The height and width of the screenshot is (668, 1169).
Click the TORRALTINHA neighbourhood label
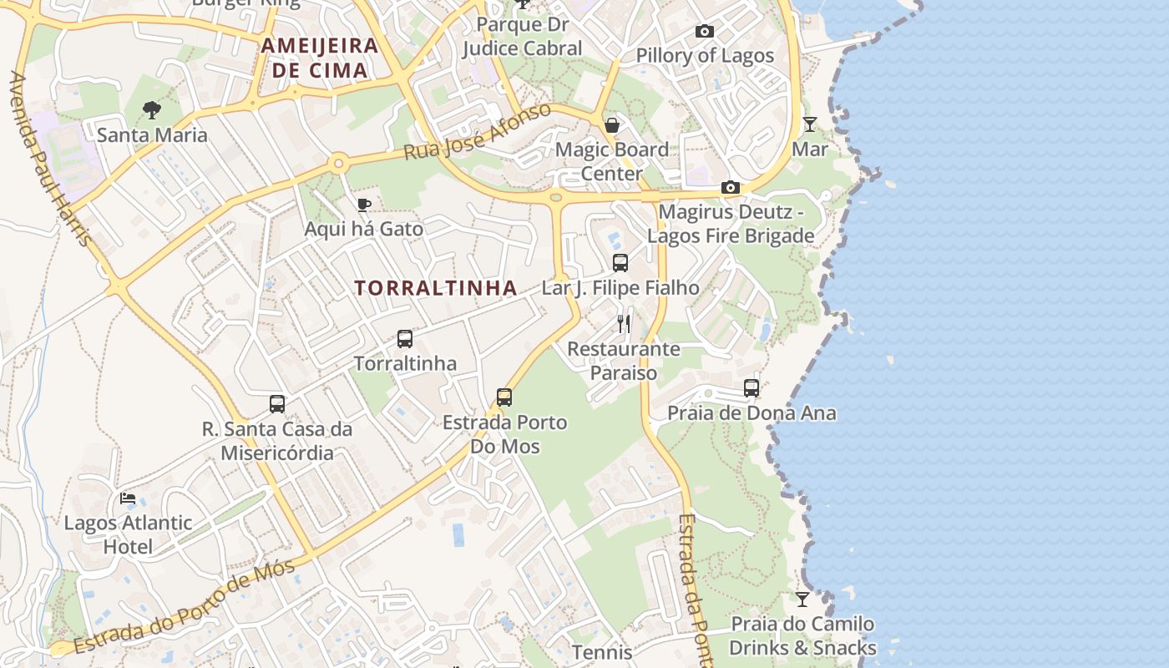[x=435, y=288]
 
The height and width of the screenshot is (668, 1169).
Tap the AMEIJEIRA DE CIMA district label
[x=320, y=58]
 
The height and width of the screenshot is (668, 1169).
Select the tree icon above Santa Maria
[x=151, y=109]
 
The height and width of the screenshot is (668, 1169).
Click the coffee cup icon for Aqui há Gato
[x=363, y=205]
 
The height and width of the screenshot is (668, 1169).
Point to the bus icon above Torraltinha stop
[x=405, y=339]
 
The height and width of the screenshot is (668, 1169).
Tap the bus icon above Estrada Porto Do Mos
[x=504, y=397]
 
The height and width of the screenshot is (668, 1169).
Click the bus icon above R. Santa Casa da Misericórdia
[x=277, y=404]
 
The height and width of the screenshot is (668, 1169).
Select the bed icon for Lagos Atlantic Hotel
[x=128, y=498]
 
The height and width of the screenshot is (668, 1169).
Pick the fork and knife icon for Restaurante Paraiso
[x=624, y=324]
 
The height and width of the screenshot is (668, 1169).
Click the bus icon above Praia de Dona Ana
[x=751, y=388]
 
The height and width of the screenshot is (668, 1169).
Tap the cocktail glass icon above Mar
[x=809, y=124]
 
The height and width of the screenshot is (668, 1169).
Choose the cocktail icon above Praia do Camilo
[x=802, y=599]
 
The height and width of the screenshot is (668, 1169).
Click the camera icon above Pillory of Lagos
[x=705, y=32]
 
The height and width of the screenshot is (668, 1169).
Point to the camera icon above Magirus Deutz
[x=731, y=187]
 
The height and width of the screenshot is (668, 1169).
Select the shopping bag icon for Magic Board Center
[x=612, y=125]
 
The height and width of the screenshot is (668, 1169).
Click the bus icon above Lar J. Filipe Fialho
[x=620, y=263]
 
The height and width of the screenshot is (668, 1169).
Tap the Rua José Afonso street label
[x=477, y=133]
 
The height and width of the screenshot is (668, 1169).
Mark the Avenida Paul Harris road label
[x=50, y=159]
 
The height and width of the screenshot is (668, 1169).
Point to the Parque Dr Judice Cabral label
[x=522, y=37]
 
